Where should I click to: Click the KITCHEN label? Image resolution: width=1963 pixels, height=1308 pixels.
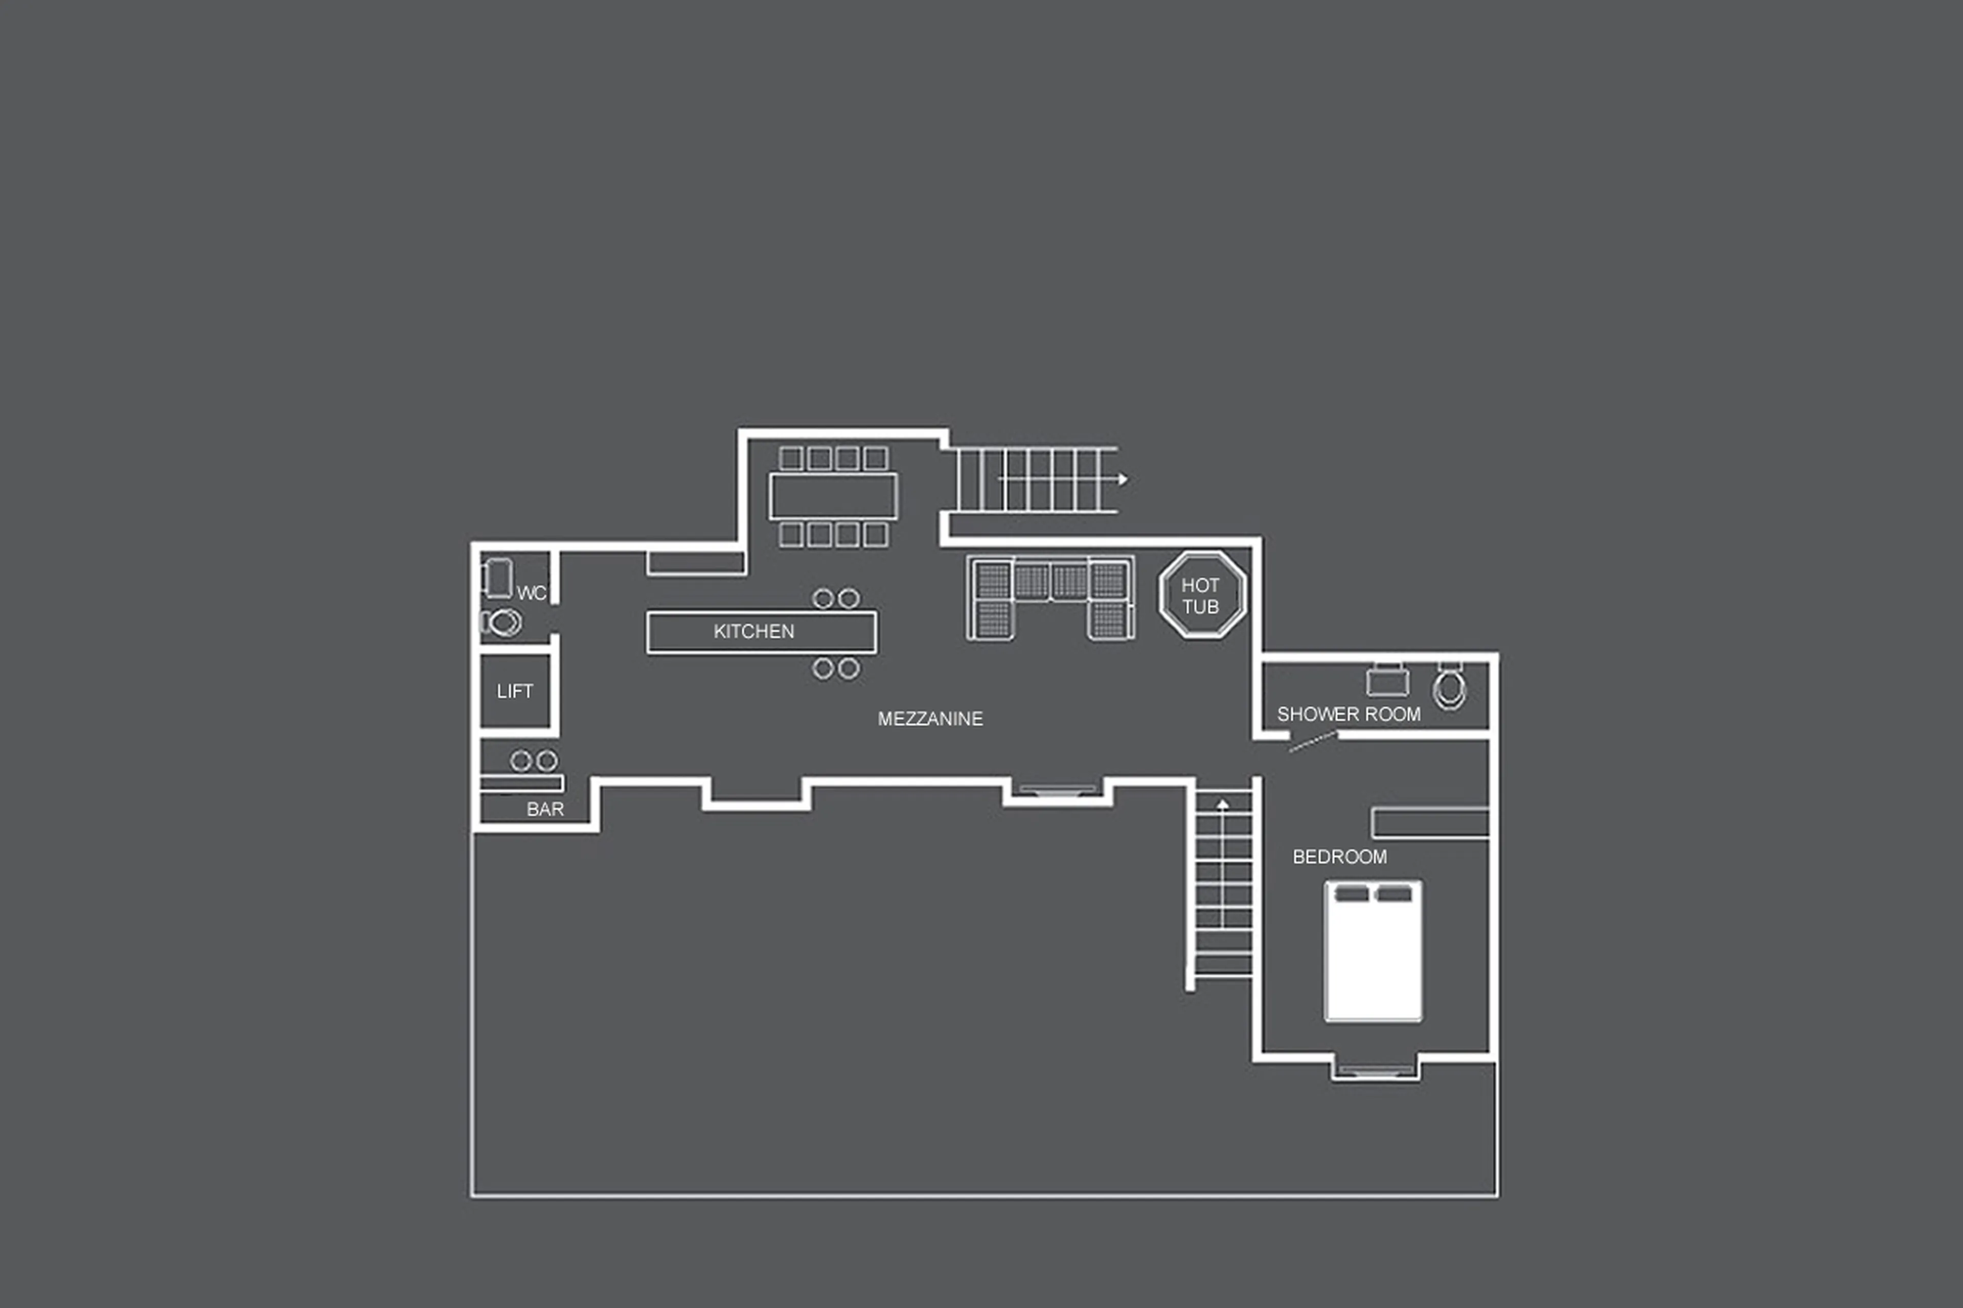[754, 631]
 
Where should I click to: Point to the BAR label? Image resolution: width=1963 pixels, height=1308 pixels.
[545, 809]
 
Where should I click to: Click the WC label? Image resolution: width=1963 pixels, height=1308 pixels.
[531, 593]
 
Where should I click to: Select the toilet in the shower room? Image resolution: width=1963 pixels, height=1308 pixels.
[1449, 687]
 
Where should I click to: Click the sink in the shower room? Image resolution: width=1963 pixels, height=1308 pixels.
[1387, 681]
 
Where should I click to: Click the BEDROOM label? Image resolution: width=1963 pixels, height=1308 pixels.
[1339, 857]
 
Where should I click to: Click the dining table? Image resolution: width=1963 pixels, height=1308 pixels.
[833, 496]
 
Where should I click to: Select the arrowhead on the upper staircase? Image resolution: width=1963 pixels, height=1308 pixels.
[1123, 479]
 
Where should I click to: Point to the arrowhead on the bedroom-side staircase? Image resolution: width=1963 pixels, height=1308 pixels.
[1222, 804]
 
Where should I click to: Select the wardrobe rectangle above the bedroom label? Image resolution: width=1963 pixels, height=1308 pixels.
[1430, 822]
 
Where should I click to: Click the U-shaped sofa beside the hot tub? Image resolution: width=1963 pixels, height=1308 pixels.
[1051, 598]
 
